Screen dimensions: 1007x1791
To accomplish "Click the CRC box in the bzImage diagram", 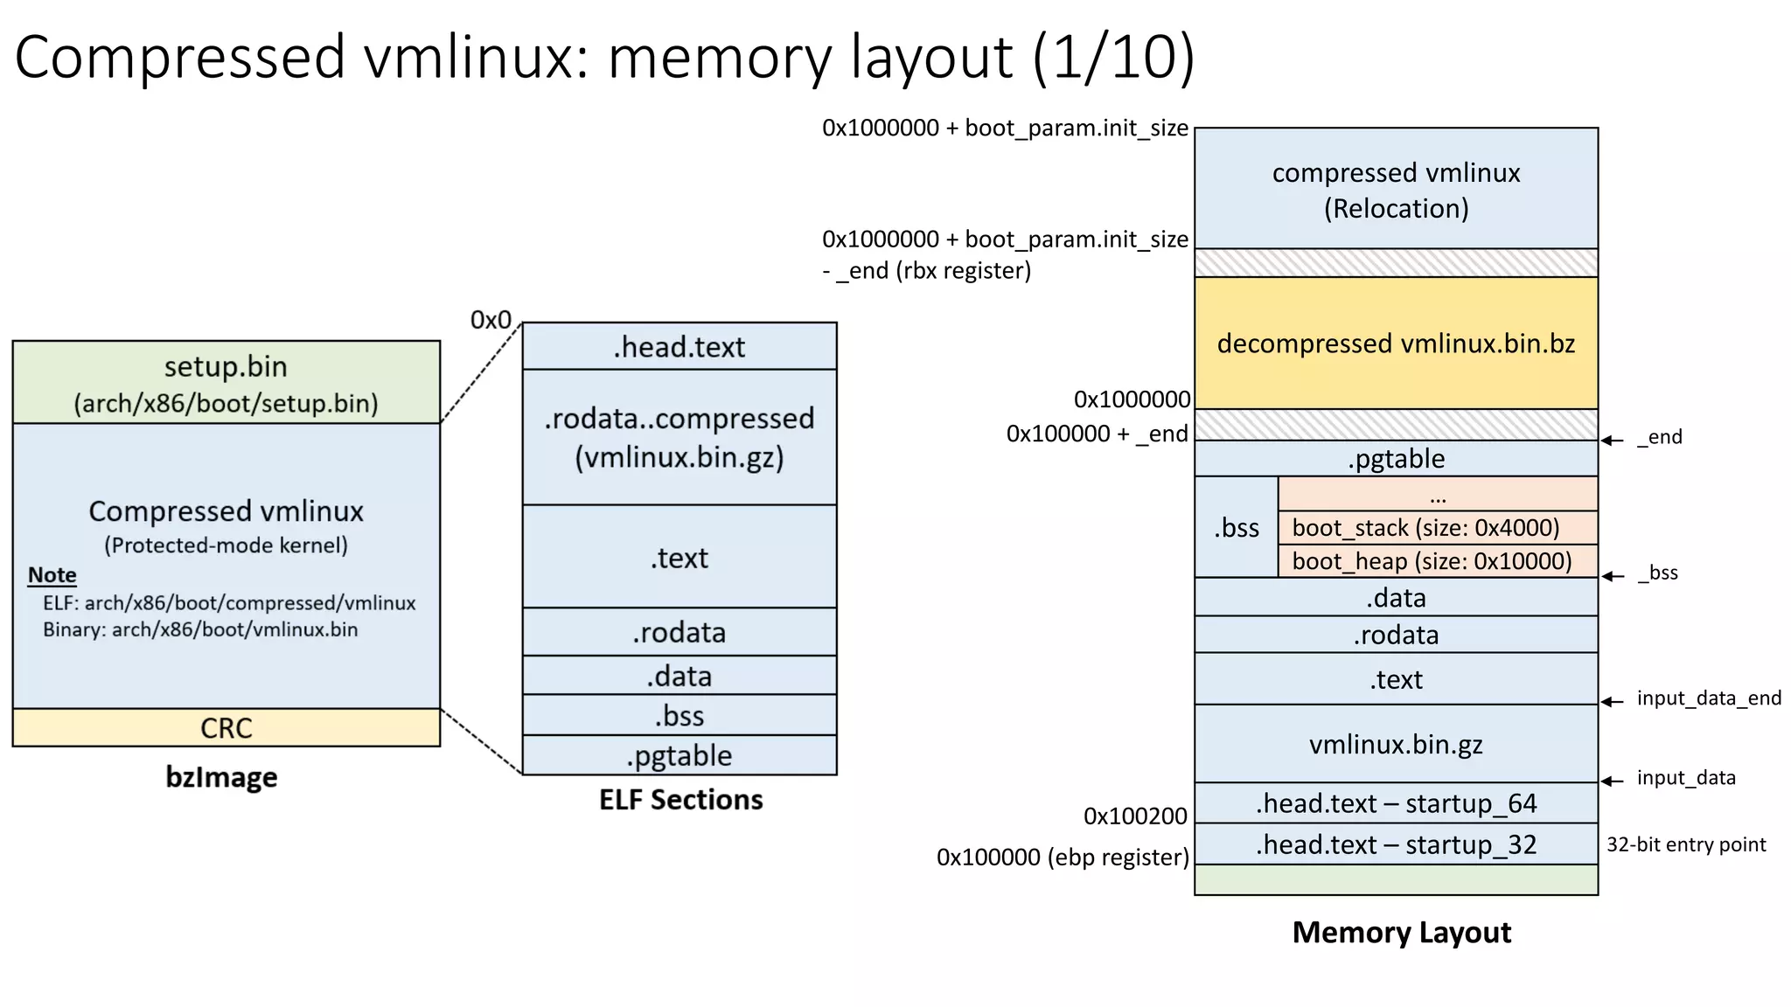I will (x=226, y=727).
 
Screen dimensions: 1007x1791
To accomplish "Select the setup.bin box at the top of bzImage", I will (x=226, y=383).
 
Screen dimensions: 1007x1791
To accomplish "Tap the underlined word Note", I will (x=52, y=575).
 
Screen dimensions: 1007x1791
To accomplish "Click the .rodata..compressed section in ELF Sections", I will (x=679, y=437).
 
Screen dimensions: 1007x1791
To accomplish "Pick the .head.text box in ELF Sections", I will (x=679, y=347).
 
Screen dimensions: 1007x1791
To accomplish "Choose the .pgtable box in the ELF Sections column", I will (x=679, y=755).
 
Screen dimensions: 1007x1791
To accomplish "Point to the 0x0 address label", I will (x=491, y=320).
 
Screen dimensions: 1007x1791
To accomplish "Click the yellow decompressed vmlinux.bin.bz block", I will (x=1396, y=343).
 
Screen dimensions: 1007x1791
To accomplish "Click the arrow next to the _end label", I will (x=1613, y=440).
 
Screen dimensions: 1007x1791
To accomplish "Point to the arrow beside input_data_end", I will (x=1613, y=701).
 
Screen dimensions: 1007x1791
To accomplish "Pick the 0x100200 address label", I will (x=1134, y=816).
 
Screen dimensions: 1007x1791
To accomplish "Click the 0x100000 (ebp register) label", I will (x=1062, y=857).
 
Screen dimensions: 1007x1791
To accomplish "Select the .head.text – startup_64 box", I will (x=1396, y=803).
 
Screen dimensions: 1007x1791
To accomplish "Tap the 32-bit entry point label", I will (x=1685, y=844).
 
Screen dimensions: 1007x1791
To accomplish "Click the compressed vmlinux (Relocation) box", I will (x=1396, y=190).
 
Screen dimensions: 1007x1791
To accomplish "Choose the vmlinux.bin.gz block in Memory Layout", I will (x=1396, y=744).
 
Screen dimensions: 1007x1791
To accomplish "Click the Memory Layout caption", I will (x=1401, y=933).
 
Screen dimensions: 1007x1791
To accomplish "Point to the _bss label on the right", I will (x=1657, y=573).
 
